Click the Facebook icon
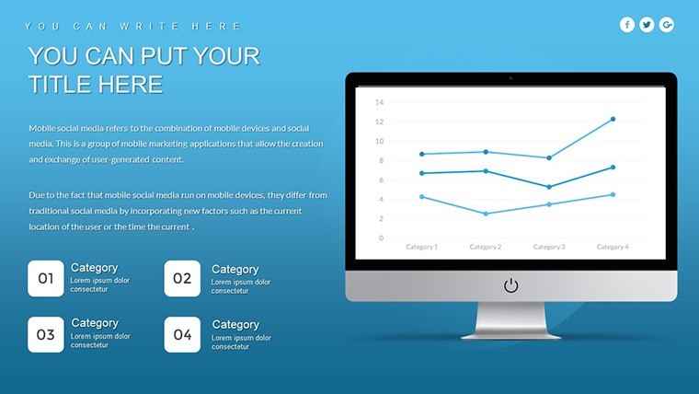click(x=626, y=25)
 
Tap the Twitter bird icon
click(x=647, y=25)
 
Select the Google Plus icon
click(x=667, y=25)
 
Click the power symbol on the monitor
click(x=510, y=285)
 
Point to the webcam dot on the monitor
click(x=510, y=78)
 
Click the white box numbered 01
click(x=46, y=278)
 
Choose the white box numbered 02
click(x=182, y=278)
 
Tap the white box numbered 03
click(x=46, y=335)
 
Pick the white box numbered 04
click(x=182, y=335)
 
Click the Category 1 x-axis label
click(x=422, y=247)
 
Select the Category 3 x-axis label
click(x=549, y=247)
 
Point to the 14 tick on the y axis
click(x=379, y=102)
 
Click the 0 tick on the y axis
click(x=381, y=238)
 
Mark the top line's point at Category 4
click(x=613, y=119)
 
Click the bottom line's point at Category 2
click(x=486, y=214)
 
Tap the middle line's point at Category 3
click(x=549, y=187)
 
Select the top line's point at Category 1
click(x=422, y=154)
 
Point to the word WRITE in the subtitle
click(x=149, y=27)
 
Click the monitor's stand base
click(x=510, y=336)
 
